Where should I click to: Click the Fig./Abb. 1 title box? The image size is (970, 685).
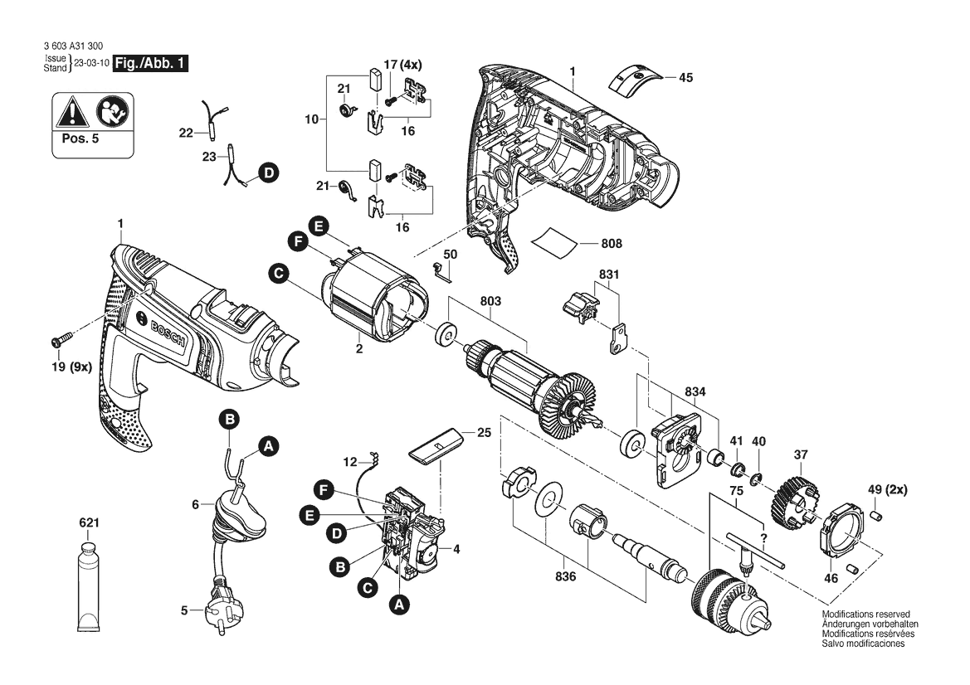(x=150, y=64)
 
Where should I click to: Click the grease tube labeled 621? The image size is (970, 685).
(x=89, y=583)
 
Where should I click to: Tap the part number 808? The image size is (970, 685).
(x=612, y=244)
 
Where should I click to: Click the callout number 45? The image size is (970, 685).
(x=685, y=78)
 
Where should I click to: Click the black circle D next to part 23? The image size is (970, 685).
(x=269, y=173)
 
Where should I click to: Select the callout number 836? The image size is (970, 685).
(x=565, y=577)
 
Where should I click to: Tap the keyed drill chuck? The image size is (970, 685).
(x=730, y=600)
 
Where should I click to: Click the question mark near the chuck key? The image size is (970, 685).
(x=763, y=537)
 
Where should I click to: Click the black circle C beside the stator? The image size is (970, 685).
(x=279, y=273)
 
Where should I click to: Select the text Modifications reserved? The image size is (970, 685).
(x=866, y=614)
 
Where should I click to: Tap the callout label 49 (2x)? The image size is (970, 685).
(x=887, y=489)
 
